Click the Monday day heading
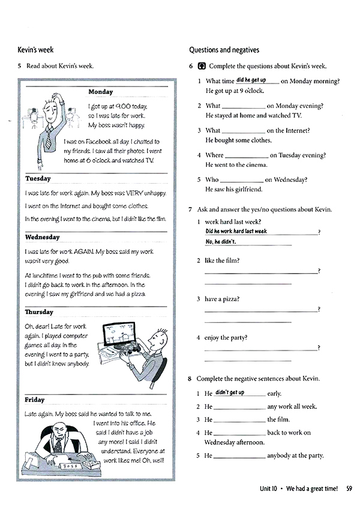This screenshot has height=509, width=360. click(x=100, y=92)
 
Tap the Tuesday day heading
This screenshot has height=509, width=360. click(x=38, y=178)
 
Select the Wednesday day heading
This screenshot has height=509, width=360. click(x=42, y=237)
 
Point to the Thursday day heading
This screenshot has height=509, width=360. click(x=39, y=312)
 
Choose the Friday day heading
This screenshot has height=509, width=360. click(x=34, y=400)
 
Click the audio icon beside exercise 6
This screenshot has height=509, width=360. click(x=201, y=67)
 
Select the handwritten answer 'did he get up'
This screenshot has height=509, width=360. click(x=251, y=80)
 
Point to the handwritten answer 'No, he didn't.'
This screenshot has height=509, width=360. click(x=221, y=242)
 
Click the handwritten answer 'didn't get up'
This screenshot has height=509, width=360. click(x=230, y=393)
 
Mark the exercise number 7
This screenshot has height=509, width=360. click(x=190, y=209)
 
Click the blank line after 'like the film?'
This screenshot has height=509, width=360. click(x=261, y=272)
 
